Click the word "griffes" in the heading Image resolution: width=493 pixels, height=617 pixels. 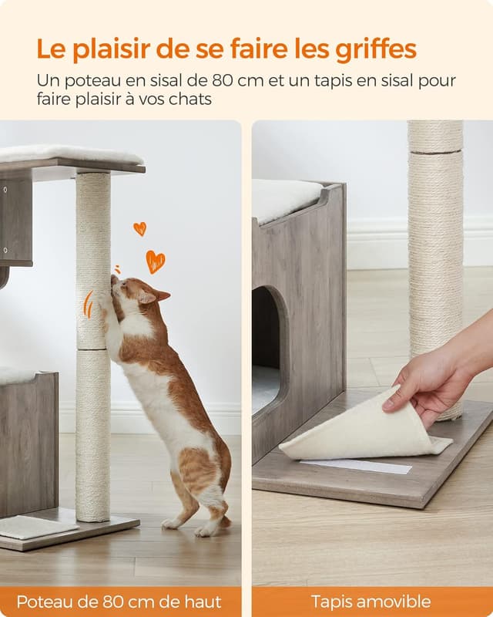pos(375,49)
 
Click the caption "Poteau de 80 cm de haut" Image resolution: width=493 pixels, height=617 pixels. pos(119,602)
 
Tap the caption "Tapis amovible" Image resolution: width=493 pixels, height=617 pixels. pos(371,602)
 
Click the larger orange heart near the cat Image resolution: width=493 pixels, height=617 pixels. pos(156,261)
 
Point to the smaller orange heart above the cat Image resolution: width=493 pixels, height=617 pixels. pos(139,228)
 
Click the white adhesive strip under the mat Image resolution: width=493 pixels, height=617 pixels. pos(356,466)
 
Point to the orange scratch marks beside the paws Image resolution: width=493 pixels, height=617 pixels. pos(87,304)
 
